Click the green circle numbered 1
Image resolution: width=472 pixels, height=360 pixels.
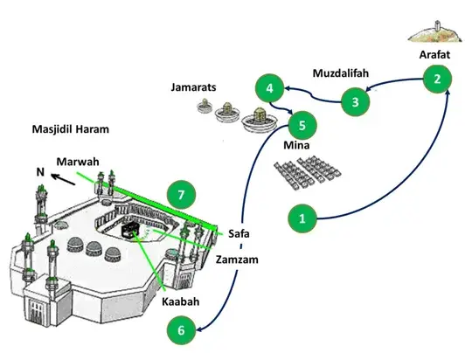[302, 218]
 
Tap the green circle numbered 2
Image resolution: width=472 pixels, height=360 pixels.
[437, 79]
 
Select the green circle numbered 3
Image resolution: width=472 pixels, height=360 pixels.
[355, 101]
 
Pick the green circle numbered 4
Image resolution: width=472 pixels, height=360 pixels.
[269, 88]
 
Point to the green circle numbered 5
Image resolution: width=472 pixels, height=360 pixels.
[302, 125]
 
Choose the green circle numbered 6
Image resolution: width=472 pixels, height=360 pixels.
[181, 330]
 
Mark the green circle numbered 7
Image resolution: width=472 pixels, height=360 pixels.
[181, 195]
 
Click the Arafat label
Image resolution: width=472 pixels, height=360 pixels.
[434, 54]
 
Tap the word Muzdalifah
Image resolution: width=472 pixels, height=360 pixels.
[341, 73]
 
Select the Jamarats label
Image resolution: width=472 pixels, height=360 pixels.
[193, 87]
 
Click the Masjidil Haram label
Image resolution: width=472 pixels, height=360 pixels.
[71, 129]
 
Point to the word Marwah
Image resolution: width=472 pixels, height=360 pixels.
[78, 162]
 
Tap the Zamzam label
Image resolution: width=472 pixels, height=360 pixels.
[237, 260]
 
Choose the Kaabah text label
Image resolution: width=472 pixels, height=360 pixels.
[181, 301]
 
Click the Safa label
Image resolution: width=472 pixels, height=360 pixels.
[239, 233]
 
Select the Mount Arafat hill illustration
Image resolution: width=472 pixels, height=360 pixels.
[434, 32]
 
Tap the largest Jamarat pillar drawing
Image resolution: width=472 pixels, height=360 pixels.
[259, 120]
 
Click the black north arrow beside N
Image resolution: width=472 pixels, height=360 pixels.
[63, 179]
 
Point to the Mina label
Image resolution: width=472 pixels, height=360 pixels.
[296, 145]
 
